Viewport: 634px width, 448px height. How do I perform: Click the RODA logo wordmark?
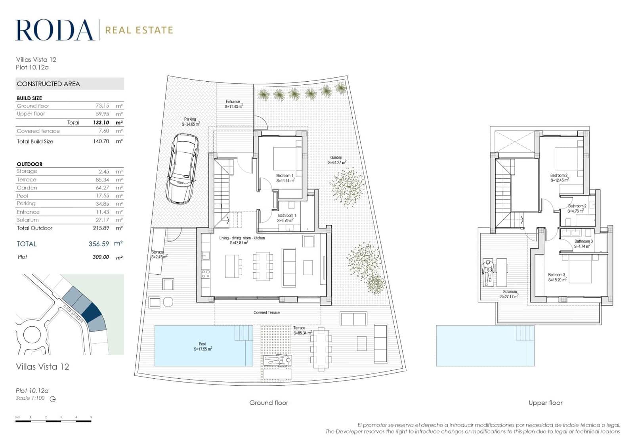(54, 30)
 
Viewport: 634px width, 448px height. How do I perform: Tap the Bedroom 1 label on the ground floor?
(285, 178)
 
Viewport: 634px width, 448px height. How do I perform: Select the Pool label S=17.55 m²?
(202, 347)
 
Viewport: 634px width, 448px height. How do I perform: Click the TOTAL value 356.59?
(99, 244)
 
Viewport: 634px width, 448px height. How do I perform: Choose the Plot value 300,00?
(101, 257)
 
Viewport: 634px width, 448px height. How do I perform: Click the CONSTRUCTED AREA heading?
(48, 84)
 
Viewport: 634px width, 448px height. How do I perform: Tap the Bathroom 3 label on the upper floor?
(583, 243)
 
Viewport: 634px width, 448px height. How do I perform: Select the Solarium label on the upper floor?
(510, 294)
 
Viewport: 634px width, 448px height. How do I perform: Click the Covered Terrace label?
(267, 312)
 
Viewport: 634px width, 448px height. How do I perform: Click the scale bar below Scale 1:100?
(53, 421)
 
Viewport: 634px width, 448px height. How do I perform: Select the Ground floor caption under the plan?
(269, 402)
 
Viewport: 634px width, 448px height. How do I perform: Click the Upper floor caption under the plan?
(545, 402)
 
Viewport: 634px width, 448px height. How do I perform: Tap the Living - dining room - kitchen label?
(242, 240)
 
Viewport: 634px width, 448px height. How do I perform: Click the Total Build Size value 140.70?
(101, 141)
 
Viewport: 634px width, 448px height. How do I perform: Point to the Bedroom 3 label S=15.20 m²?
(557, 277)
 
